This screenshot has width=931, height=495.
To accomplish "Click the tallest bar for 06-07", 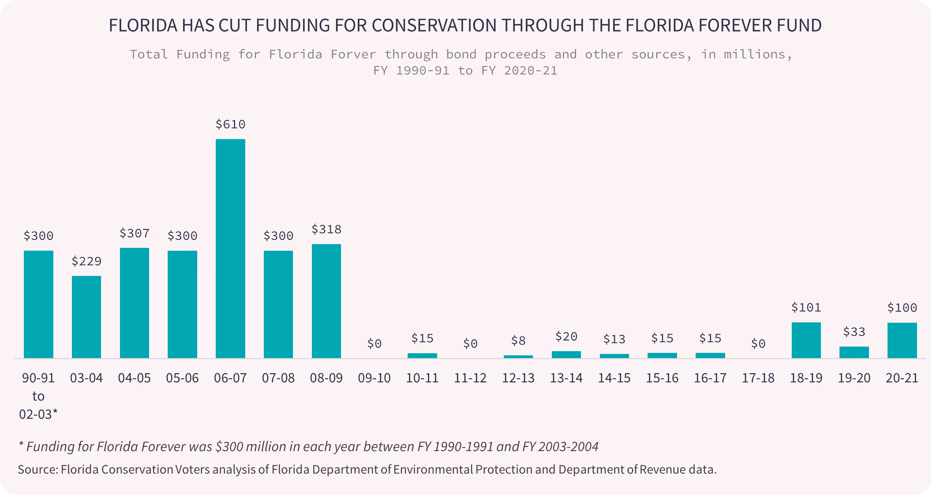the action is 230,249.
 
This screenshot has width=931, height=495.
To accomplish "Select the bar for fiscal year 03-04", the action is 86,317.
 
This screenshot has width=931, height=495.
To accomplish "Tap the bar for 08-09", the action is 326,301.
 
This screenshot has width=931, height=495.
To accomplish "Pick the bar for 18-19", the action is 806,340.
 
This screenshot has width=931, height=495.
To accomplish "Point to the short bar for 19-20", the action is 854,352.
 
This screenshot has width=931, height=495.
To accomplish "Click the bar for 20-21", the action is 902,340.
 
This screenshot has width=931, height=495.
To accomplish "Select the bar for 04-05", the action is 134,303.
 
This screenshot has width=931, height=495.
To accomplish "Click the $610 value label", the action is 230,124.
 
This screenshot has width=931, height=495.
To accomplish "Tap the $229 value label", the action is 86,261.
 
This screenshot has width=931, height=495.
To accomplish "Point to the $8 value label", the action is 518,341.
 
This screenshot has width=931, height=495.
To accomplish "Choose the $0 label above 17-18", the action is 758,343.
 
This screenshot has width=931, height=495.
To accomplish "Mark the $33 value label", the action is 854,331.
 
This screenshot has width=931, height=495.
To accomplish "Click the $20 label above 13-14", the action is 566,337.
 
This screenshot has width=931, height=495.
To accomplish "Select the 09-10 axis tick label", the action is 374,378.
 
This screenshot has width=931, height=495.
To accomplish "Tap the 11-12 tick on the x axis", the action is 470,378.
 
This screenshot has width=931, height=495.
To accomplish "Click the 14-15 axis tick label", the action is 614,378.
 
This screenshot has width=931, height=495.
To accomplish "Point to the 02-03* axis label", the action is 38,414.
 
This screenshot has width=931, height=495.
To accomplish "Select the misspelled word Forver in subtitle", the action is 353,54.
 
